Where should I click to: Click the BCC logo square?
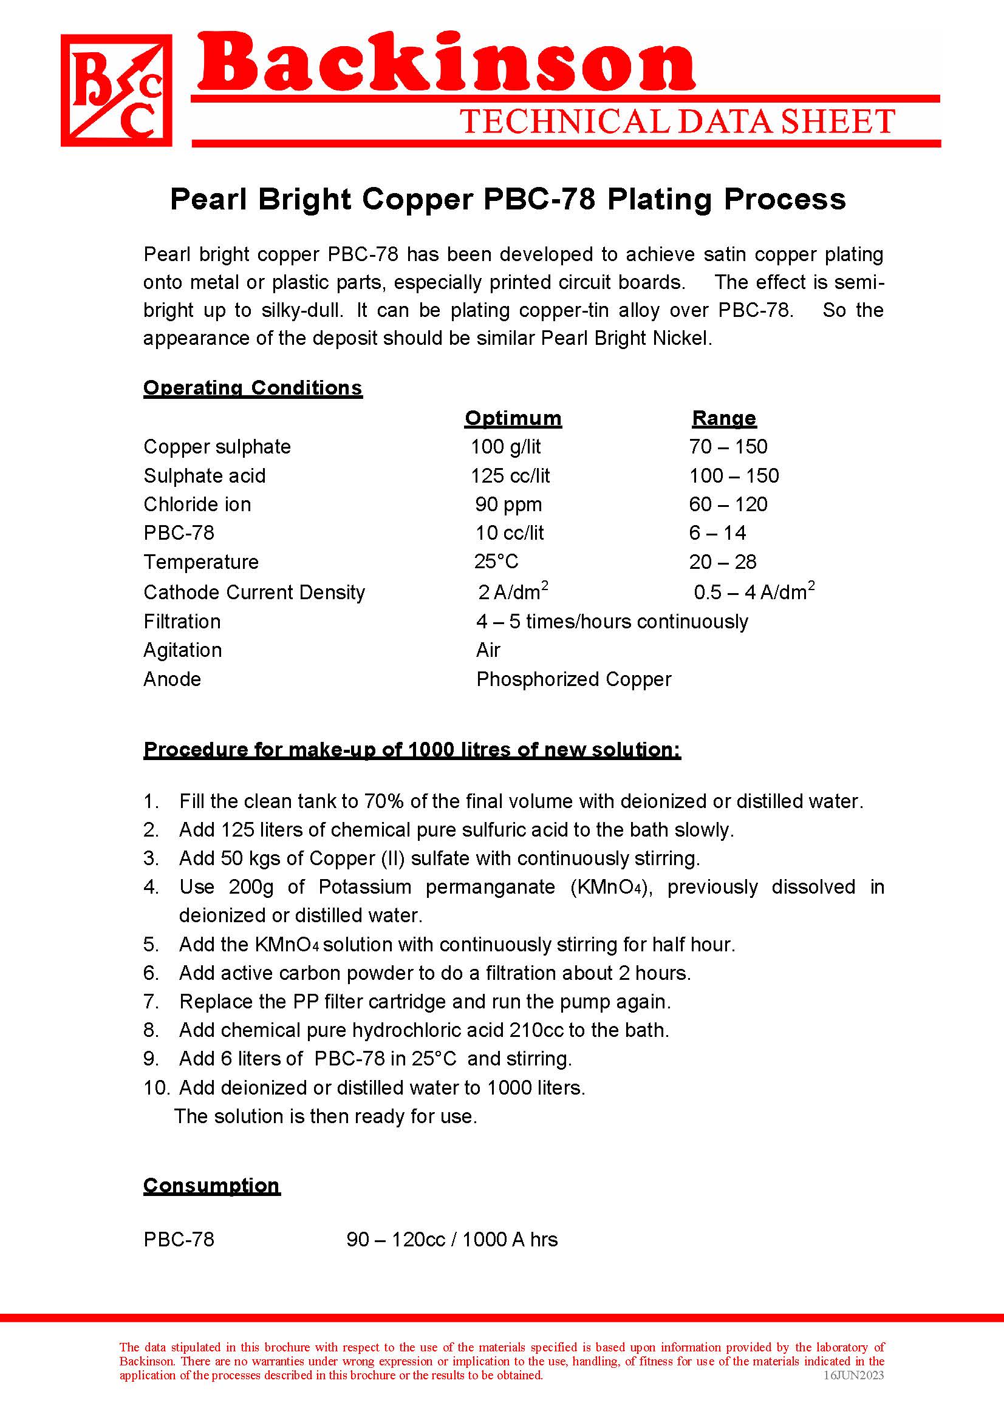(x=116, y=90)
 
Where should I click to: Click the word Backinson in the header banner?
(x=445, y=62)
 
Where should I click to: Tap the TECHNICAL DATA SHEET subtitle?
(x=677, y=121)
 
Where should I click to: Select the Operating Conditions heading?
(x=253, y=388)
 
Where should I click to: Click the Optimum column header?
(x=513, y=418)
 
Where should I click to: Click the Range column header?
(x=724, y=418)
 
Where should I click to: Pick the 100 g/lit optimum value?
(x=505, y=447)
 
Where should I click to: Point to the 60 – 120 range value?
(x=728, y=504)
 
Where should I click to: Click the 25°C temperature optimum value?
(x=496, y=562)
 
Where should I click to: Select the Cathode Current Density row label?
(x=254, y=593)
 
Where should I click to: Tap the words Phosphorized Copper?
(x=573, y=679)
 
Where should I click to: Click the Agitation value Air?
(x=488, y=650)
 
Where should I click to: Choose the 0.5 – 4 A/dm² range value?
(x=754, y=592)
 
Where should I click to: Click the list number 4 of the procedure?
(x=151, y=887)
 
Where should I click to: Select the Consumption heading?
(x=211, y=1186)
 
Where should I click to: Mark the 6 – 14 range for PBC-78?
(x=717, y=533)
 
